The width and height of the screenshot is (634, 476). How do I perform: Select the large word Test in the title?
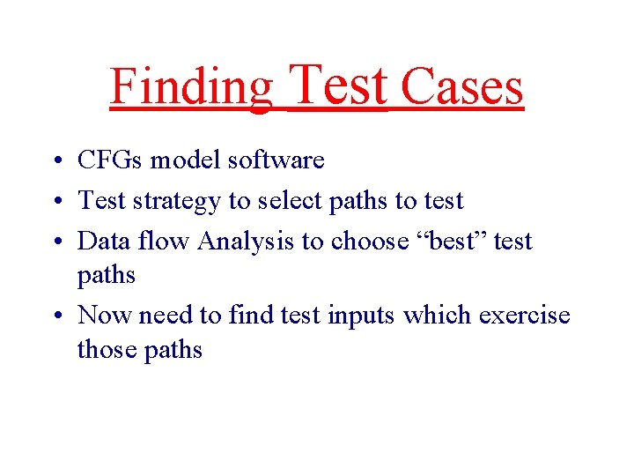pos(338,85)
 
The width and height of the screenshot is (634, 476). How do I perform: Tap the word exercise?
pos(524,315)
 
